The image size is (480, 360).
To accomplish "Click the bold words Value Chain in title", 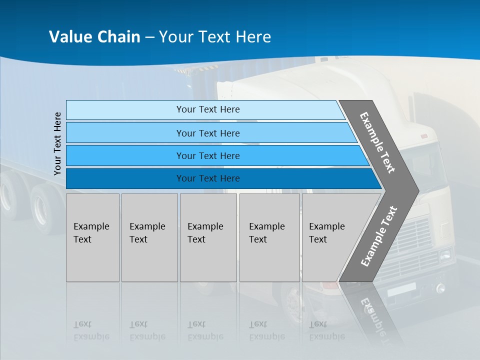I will click(94, 37).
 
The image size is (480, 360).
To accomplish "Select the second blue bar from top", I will click(207, 133).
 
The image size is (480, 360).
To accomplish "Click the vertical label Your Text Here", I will click(57, 143).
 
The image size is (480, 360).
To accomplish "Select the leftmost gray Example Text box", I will click(92, 237).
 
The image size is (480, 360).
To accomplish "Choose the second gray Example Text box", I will click(149, 237).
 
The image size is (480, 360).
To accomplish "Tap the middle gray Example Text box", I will click(208, 237).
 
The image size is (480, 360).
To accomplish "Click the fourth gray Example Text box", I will click(269, 237).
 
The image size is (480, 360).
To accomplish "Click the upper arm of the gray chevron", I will click(377, 142).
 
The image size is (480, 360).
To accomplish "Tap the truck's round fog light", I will click(440, 288).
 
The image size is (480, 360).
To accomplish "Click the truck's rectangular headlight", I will click(444, 255).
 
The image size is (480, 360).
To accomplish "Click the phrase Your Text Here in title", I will click(215, 37).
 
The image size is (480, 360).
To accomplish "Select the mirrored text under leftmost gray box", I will click(91, 330).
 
